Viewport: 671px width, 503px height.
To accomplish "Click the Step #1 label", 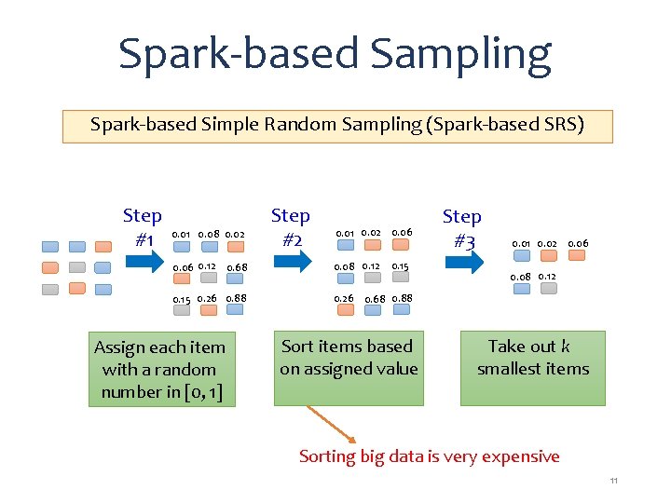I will [x=143, y=228].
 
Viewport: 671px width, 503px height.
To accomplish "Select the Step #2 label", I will [x=290, y=228].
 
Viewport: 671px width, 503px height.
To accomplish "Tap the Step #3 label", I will [x=461, y=228].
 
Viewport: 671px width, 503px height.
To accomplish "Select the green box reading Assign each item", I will [x=159, y=369].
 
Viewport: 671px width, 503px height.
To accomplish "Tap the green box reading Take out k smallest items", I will [x=532, y=368].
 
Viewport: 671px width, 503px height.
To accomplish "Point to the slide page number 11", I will [x=614, y=481].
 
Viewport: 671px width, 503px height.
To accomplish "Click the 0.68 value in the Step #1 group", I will [x=237, y=268].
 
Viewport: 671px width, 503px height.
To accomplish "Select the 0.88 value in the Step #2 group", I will [x=403, y=299].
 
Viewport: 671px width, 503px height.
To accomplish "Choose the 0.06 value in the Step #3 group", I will [x=578, y=244].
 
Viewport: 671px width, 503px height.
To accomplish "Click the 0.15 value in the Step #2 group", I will [x=400, y=267].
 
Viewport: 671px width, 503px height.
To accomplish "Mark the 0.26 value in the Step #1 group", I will [x=207, y=299].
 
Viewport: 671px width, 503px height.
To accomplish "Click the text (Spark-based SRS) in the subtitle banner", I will [x=504, y=125].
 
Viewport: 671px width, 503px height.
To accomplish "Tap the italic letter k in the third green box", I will [x=565, y=347].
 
